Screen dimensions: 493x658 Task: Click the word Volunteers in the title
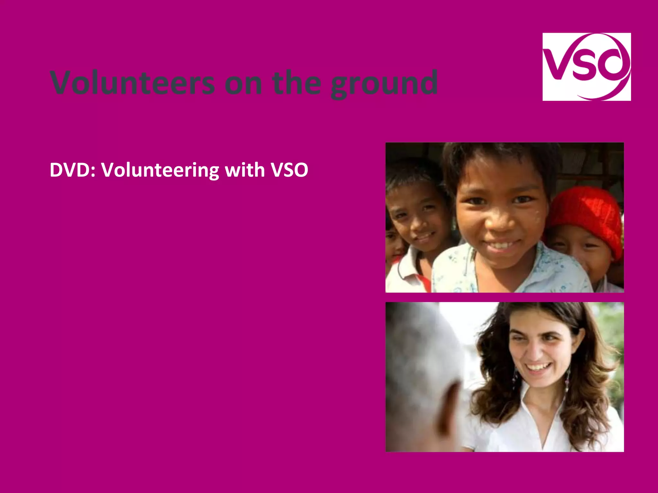[132, 83]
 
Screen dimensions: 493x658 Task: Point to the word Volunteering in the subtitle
[160, 170]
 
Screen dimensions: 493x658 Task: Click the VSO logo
[586, 67]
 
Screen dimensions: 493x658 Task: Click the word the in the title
[296, 83]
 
